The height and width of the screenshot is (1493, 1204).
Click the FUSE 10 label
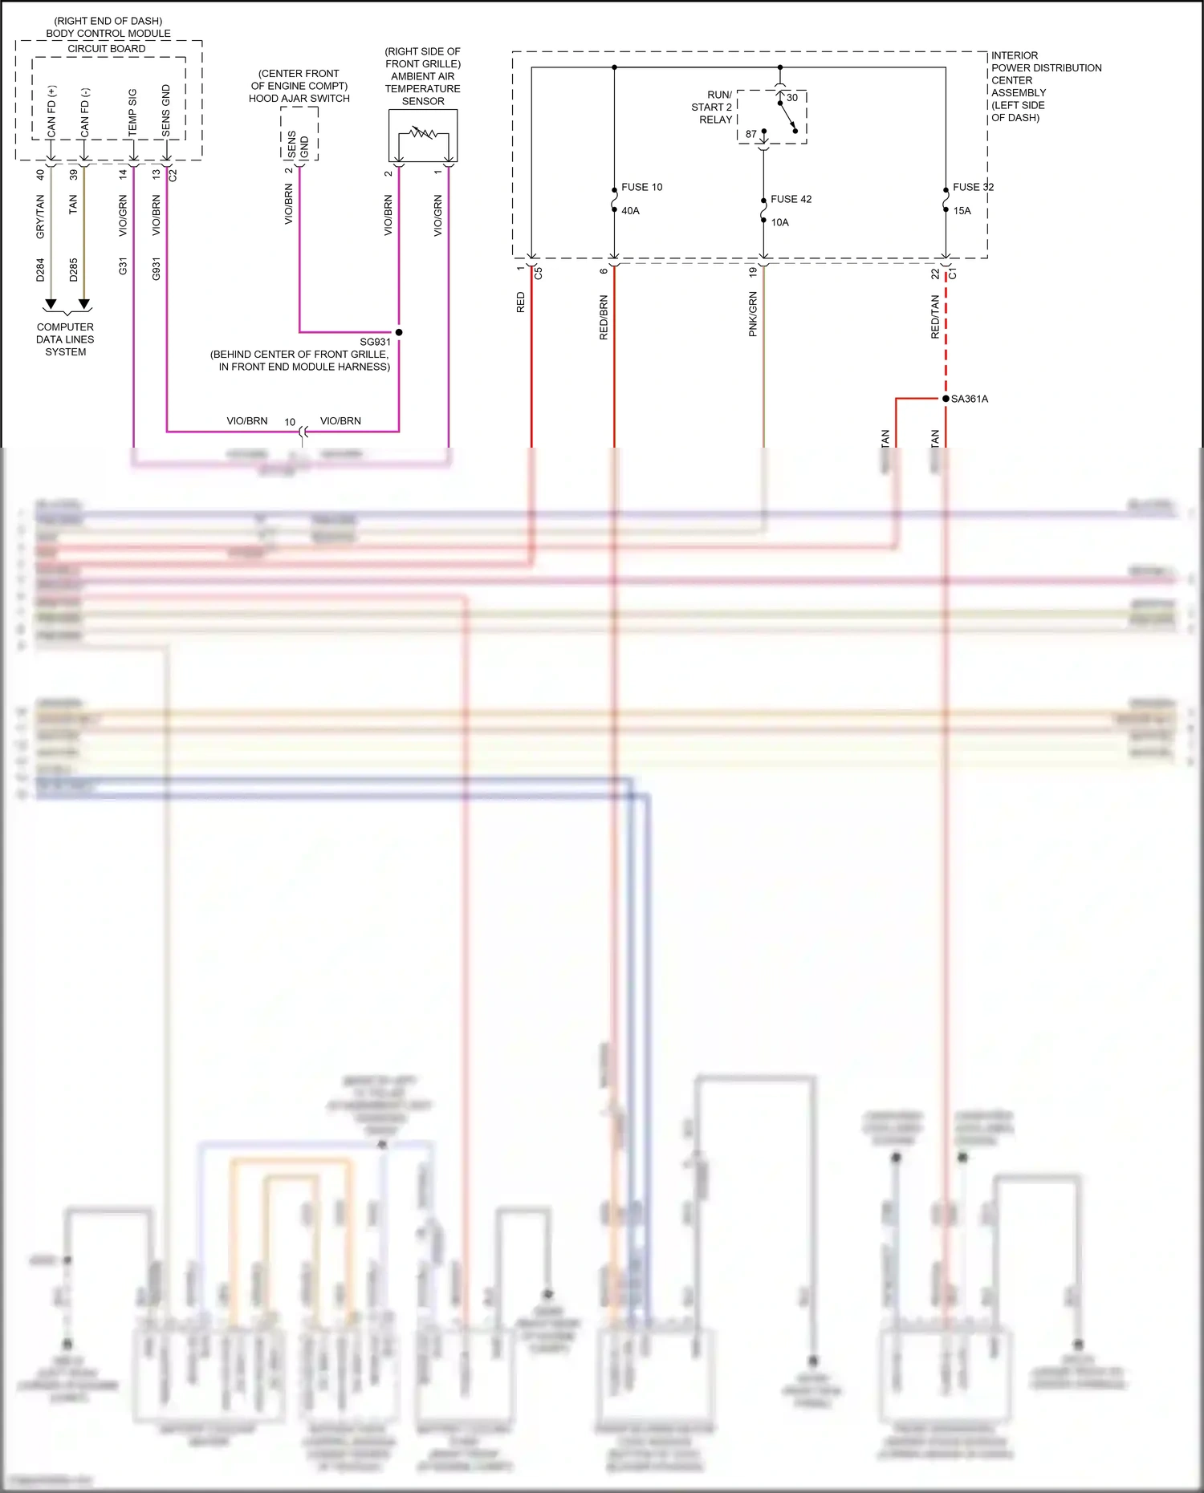641,187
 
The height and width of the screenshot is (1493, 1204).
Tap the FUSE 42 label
791,199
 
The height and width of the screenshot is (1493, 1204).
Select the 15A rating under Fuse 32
962,211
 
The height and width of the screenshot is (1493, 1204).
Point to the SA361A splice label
969,399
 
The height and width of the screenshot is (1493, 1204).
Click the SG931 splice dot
399,332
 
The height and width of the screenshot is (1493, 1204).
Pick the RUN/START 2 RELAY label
712,108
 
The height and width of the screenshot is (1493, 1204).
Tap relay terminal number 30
792,98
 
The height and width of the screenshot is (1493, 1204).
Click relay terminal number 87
750,134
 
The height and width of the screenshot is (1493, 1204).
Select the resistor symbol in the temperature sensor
422,132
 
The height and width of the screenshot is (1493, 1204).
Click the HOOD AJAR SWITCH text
299,99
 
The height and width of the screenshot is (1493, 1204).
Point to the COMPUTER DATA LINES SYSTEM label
65,339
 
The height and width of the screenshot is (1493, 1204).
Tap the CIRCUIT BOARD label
107,49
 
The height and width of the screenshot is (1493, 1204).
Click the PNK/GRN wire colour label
753,314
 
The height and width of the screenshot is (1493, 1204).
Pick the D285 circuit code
74,270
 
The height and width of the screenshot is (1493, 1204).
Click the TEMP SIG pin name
132,112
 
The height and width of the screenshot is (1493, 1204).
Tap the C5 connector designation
539,273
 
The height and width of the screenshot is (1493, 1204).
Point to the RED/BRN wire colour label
604,318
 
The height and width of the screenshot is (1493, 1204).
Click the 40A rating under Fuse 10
630,211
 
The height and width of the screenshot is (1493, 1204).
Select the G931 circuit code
157,269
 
